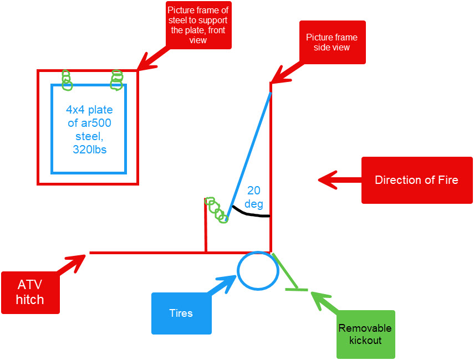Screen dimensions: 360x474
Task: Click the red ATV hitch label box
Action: (30, 292)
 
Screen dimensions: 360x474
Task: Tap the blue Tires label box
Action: (181, 313)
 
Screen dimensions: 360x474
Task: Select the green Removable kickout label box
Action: (365, 334)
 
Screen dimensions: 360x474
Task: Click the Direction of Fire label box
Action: (416, 180)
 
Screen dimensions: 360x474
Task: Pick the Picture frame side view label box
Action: (332, 43)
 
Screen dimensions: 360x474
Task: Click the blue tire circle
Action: (258, 271)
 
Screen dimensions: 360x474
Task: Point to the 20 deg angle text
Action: (254, 197)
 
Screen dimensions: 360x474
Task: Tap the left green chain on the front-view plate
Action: (67, 80)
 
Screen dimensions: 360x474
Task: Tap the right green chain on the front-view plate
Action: (116, 80)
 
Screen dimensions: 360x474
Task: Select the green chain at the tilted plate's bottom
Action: (216, 209)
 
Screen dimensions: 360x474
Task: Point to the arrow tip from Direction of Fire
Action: (321, 179)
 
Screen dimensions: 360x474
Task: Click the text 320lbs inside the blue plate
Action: (89, 149)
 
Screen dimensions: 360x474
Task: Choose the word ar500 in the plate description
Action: (96, 123)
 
